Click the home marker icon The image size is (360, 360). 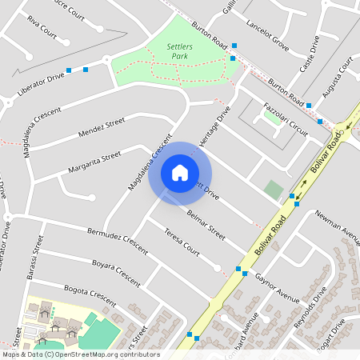180,173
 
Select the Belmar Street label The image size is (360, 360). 206,222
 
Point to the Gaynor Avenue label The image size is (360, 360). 278,287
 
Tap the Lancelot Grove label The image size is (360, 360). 268,36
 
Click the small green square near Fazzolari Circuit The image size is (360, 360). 274,190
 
